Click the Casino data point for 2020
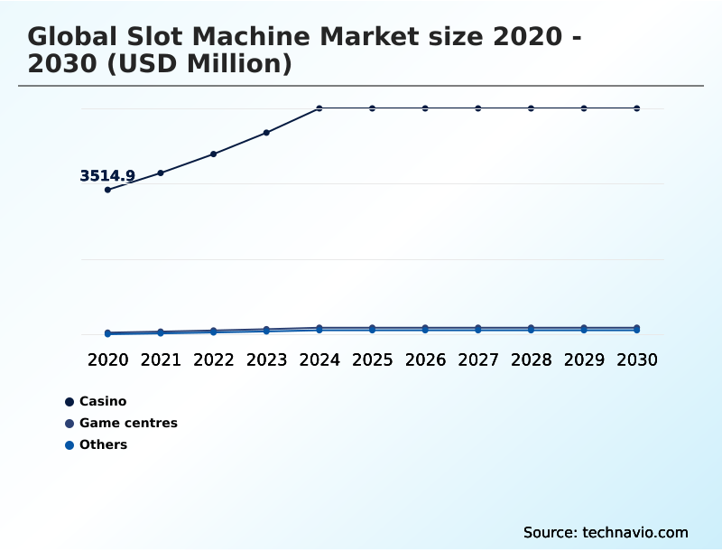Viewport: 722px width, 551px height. (x=107, y=190)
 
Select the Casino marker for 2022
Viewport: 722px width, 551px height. (x=214, y=154)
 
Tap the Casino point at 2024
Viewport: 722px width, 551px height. (x=319, y=108)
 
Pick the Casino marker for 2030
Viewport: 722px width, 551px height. (x=637, y=108)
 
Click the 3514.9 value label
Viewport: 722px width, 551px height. (x=107, y=176)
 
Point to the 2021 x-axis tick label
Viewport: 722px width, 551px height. (x=161, y=360)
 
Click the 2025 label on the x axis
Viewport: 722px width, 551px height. (x=373, y=360)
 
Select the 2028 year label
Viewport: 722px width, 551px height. (x=532, y=360)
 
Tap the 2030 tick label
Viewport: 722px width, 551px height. (x=637, y=360)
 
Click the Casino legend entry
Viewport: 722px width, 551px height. (x=102, y=401)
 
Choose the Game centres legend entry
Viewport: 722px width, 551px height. (x=127, y=423)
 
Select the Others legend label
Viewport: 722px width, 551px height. (x=103, y=444)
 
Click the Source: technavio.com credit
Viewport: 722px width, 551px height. (x=606, y=532)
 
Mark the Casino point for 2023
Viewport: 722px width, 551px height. (x=266, y=133)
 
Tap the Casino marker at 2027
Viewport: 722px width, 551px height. (x=478, y=108)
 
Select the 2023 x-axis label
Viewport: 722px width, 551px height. (x=266, y=360)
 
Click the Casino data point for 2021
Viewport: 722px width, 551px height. (x=161, y=173)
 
